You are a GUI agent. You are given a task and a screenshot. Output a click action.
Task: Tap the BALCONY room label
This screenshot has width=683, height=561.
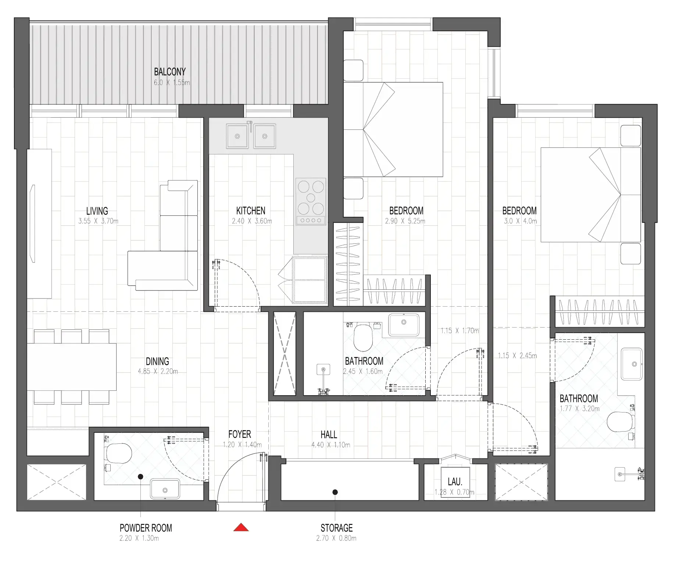169,72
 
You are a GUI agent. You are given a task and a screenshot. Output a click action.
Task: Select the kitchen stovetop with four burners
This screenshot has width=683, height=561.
311,201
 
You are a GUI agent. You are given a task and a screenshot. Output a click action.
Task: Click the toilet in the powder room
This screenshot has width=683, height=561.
119,453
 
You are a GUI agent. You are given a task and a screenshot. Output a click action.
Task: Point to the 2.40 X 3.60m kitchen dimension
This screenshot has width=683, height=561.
252,221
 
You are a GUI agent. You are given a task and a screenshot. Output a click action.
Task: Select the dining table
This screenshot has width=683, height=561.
72,367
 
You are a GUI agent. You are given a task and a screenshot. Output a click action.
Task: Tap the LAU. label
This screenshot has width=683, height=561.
455,482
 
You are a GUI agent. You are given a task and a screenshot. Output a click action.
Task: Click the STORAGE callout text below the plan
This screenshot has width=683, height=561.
336,528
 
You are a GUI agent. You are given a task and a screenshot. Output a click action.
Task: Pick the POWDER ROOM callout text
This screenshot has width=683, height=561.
146,528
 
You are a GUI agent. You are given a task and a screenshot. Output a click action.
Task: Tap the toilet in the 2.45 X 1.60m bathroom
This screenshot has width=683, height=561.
363,337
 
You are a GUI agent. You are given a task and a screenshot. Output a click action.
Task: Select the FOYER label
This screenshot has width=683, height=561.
239,434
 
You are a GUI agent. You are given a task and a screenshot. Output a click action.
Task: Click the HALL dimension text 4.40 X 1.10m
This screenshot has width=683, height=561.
330,445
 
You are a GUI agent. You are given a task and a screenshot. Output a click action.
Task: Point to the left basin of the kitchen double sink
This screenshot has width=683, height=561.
237,136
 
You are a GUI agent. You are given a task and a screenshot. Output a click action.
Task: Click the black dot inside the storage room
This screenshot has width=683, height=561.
335,492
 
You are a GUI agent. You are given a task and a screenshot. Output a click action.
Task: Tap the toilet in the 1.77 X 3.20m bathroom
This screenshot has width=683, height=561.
621,422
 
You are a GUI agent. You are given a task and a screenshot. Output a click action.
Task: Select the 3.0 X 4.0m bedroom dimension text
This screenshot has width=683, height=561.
520,221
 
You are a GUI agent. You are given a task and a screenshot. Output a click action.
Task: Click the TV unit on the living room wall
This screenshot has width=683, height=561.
39,224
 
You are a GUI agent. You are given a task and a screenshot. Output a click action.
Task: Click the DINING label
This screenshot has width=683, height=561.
157,361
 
